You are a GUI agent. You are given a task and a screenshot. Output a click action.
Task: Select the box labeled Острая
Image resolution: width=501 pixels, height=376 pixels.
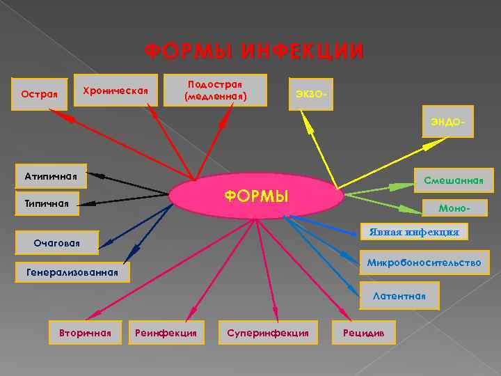click(x=40, y=93)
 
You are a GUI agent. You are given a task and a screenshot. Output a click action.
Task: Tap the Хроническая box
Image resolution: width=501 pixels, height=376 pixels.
click(x=116, y=90)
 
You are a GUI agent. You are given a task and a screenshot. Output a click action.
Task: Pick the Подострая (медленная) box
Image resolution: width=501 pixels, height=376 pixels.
click(x=216, y=90)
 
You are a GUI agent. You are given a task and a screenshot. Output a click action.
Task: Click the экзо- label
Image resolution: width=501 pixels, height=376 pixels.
click(x=310, y=93)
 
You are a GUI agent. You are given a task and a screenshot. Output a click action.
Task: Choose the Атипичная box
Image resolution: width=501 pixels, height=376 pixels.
click(x=50, y=176)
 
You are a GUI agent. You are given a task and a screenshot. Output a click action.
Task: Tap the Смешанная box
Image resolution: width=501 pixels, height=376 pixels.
click(x=453, y=180)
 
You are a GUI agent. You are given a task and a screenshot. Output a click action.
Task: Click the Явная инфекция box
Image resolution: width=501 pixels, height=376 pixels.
click(x=414, y=231)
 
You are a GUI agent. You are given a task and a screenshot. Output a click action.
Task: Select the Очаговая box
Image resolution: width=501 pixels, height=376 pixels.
click(x=57, y=242)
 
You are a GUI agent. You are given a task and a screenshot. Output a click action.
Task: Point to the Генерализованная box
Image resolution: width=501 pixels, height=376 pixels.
click(x=72, y=273)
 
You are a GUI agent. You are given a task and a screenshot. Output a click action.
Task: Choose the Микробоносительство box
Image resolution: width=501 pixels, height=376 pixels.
click(x=424, y=263)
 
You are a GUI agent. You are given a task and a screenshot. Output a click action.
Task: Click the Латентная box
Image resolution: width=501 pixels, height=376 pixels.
click(x=399, y=295)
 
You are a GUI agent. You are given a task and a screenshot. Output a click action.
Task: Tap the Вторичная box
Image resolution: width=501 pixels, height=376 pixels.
click(x=86, y=333)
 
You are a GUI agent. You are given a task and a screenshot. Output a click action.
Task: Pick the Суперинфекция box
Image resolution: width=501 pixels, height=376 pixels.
click(x=268, y=333)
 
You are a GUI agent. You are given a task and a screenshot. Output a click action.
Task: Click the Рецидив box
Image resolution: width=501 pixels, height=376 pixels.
click(x=365, y=333)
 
